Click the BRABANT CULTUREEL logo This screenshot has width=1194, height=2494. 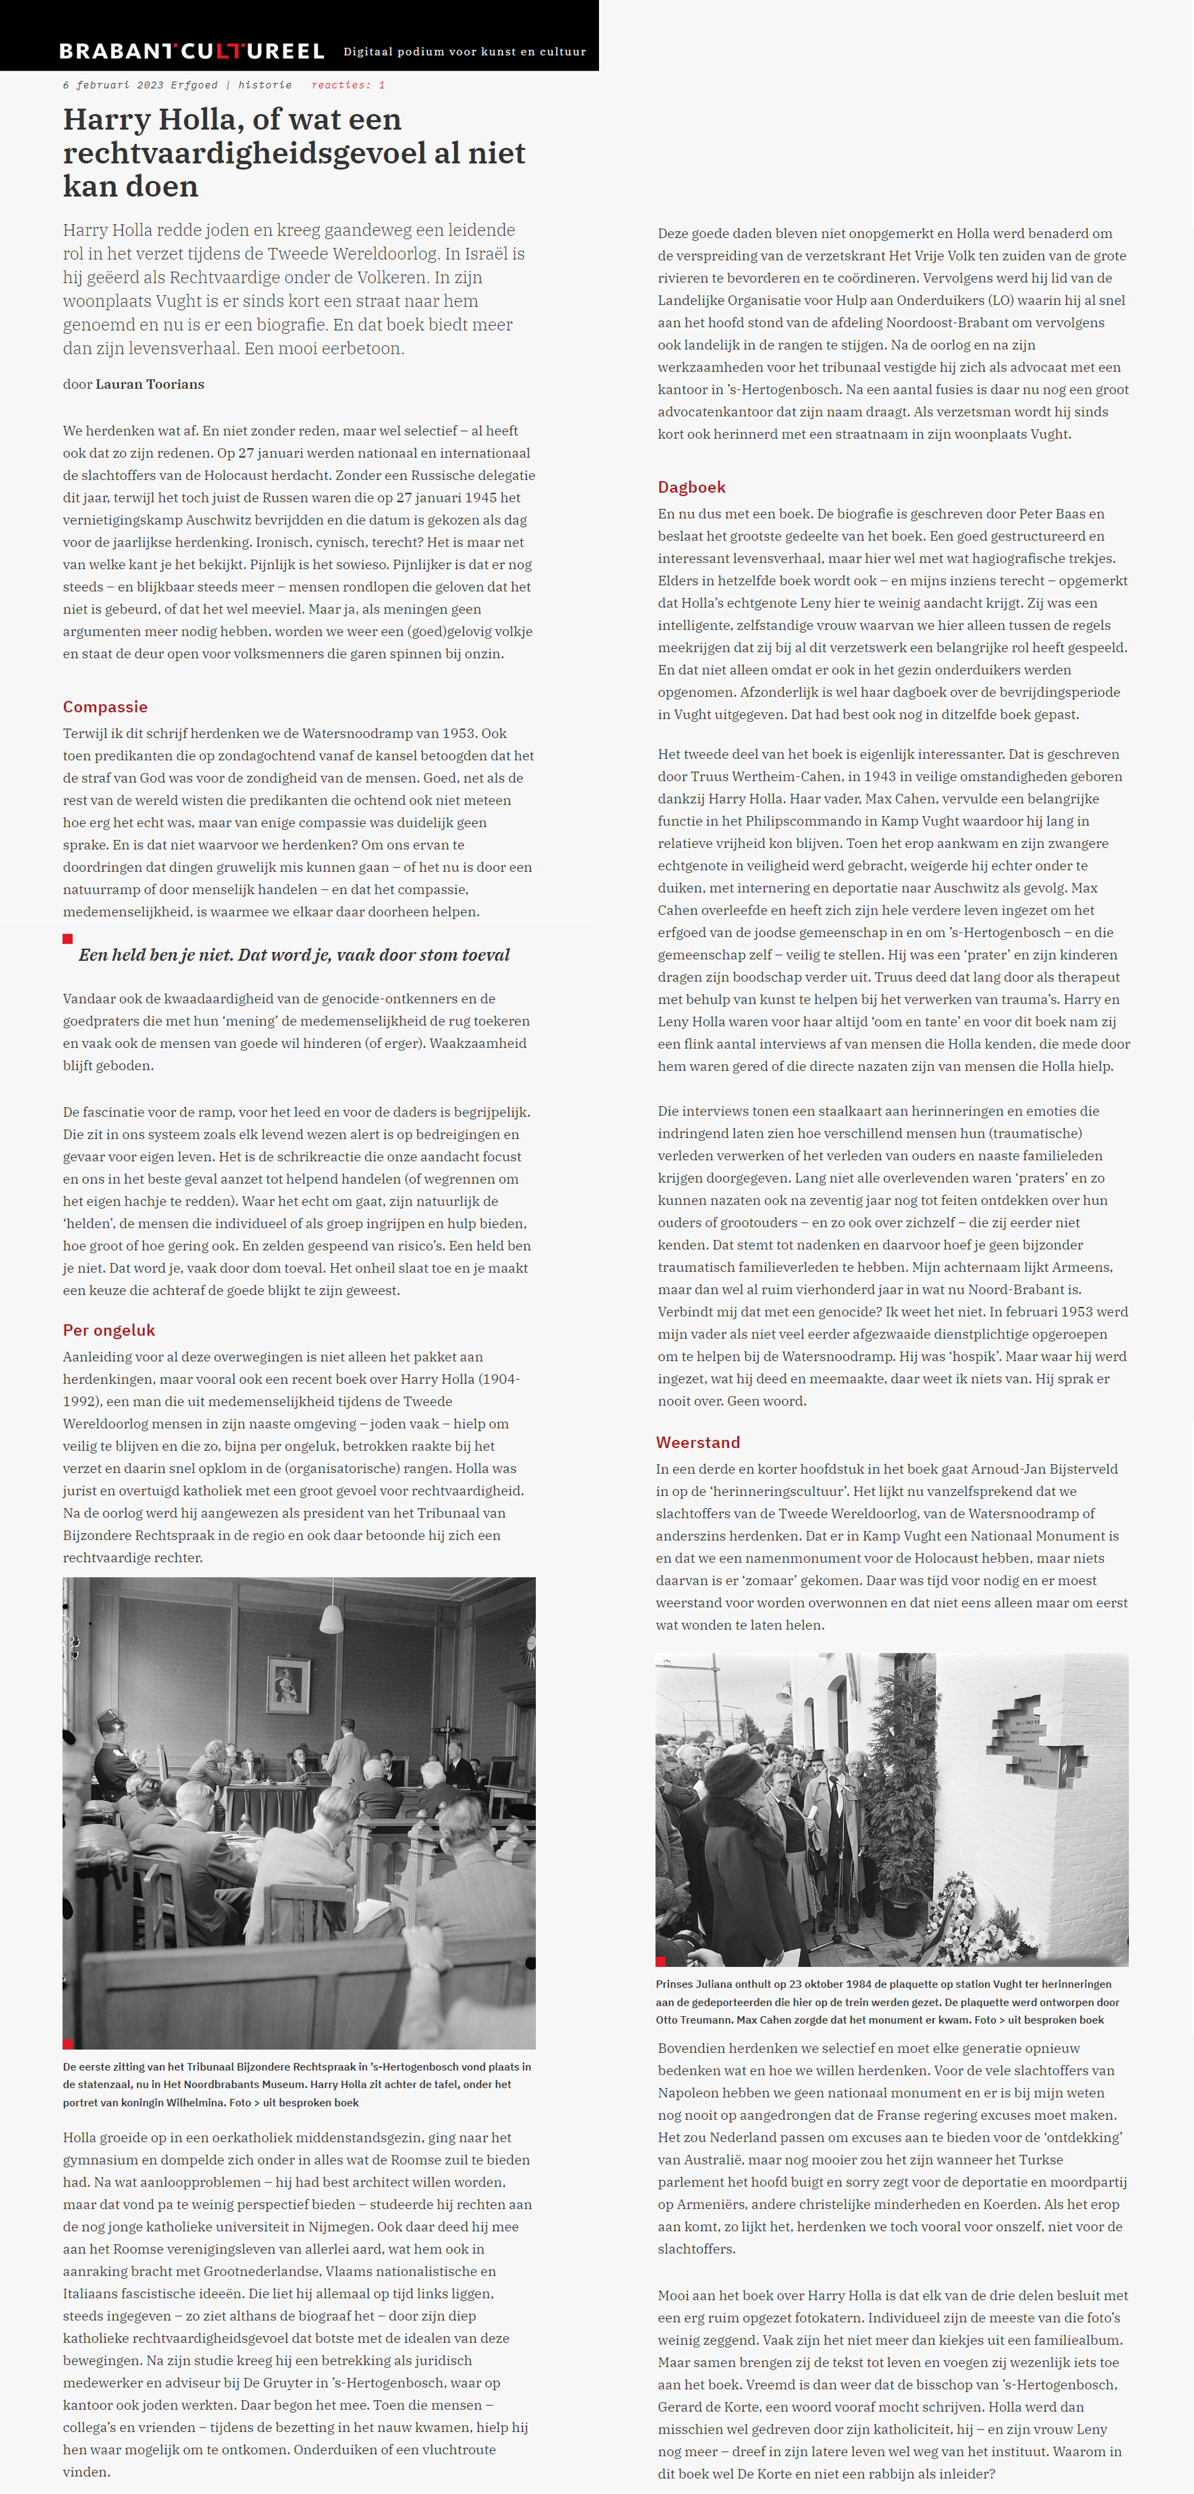pos(191,51)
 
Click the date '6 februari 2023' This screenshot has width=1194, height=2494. pos(113,85)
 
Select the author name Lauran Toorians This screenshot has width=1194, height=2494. pos(150,385)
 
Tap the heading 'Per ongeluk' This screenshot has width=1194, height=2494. pos(108,1330)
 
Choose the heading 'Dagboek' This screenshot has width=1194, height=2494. pos(691,487)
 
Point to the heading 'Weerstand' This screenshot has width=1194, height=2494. pos(698,1443)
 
